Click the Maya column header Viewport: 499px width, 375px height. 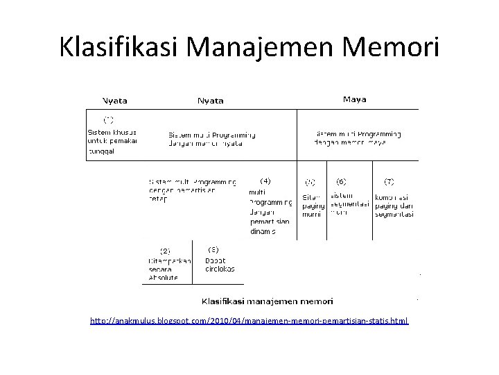pyautogui.click(x=355, y=99)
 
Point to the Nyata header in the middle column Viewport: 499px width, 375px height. pyautogui.click(x=211, y=100)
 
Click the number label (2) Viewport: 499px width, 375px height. pyautogui.click(x=166, y=250)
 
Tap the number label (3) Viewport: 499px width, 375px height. pyautogui.click(x=213, y=249)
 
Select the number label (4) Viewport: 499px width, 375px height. pyautogui.click(x=265, y=181)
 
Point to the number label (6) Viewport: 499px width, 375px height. pyautogui.click(x=341, y=181)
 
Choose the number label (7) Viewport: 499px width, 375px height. pyautogui.click(x=389, y=181)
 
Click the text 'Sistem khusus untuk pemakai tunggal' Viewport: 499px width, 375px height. pyautogui.click(x=112, y=140)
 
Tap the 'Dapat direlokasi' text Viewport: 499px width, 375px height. pyautogui.click(x=220, y=265)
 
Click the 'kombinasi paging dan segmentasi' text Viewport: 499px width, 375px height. pyautogui.click(x=394, y=205)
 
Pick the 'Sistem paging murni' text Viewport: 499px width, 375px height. pyautogui.click(x=313, y=206)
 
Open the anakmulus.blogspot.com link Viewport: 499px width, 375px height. pyautogui.click(x=249, y=322)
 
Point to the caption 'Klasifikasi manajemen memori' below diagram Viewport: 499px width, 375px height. pyautogui.click(x=267, y=301)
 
